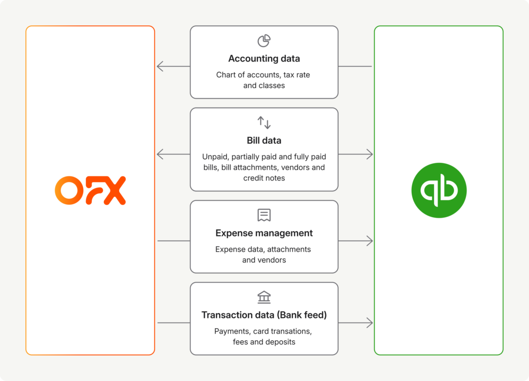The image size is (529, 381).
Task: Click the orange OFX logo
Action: click(x=90, y=190)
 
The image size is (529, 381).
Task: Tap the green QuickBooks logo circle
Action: click(x=439, y=190)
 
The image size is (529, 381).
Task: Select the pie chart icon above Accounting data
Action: click(x=264, y=41)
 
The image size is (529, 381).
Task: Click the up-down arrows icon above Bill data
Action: click(x=264, y=123)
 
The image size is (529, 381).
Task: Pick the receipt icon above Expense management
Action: click(x=264, y=215)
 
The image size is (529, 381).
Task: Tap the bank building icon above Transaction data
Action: click(x=264, y=297)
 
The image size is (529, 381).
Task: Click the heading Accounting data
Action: click(x=264, y=58)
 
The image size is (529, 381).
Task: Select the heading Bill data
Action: click(x=264, y=140)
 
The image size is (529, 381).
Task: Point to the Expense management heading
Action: click(x=264, y=233)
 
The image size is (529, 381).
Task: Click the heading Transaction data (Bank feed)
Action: click(x=264, y=315)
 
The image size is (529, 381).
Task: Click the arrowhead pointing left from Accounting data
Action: click(x=160, y=66)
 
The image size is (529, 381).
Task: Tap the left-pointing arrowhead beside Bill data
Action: click(x=160, y=154)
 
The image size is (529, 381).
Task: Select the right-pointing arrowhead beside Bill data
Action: click(x=369, y=154)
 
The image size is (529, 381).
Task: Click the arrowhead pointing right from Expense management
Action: click(x=369, y=241)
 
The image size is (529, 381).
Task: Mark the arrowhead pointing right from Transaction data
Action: click(x=369, y=323)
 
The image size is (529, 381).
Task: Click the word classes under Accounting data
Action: click(x=272, y=86)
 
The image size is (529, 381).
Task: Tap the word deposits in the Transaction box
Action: click(x=279, y=342)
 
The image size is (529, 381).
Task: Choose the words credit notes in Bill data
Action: click(x=264, y=178)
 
